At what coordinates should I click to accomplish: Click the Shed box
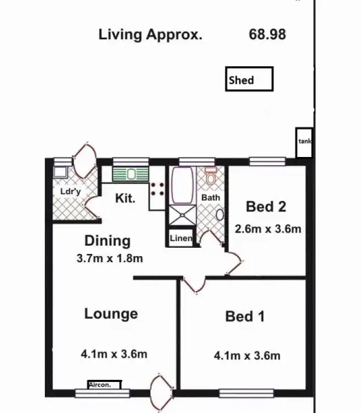click(249, 79)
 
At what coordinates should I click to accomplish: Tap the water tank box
click(305, 142)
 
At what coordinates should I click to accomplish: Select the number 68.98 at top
click(267, 34)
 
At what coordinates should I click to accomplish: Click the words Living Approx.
click(150, 34)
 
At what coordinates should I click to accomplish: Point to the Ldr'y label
click(68, 191)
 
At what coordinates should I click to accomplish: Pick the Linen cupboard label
click(181, 238)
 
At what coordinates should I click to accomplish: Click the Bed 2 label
click(266, 206)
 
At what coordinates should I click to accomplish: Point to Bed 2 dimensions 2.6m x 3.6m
click(268, 229)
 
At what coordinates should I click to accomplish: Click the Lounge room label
click(111, 314)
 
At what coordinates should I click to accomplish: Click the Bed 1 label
click(245, 317)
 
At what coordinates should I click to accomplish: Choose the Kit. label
click(125, 199)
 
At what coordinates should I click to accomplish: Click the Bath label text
click(210, 198)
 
